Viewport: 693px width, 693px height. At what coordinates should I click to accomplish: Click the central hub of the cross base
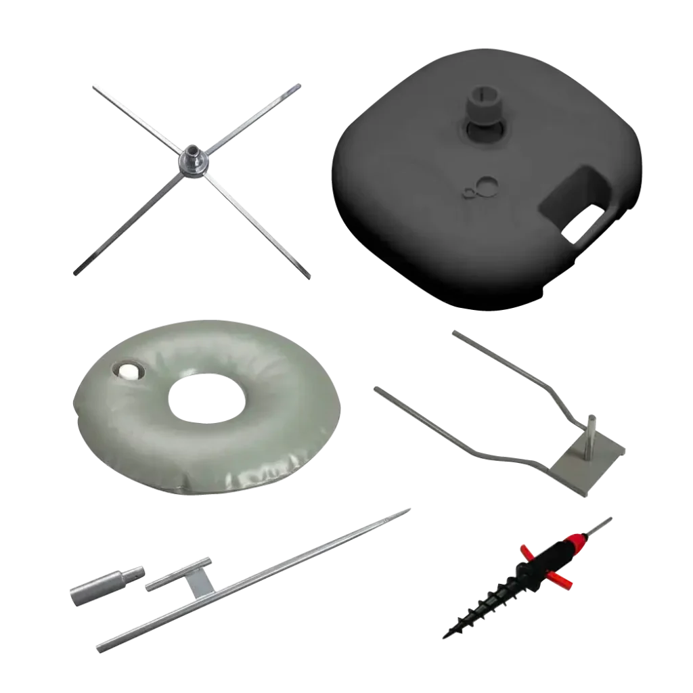191,161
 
